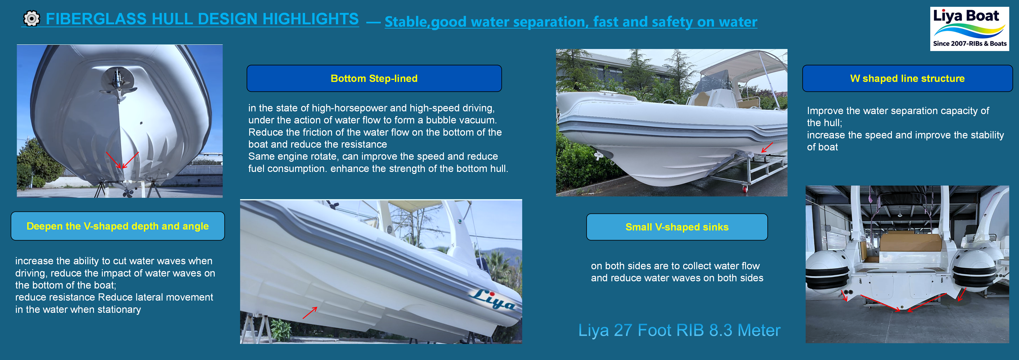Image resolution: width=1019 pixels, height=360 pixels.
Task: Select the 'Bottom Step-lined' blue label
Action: [374, 78]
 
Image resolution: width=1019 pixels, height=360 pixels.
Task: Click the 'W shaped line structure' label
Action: [907, 78]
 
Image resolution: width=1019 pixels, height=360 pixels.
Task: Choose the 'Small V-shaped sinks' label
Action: [677, 227]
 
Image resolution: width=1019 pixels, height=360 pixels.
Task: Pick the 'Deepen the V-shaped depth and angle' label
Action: [118, 226]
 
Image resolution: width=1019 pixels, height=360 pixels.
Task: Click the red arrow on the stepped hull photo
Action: [310, 313]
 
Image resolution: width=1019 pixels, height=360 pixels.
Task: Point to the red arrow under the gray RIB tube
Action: [767, 147]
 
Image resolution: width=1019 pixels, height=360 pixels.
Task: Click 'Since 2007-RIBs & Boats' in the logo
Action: [970, 44]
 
